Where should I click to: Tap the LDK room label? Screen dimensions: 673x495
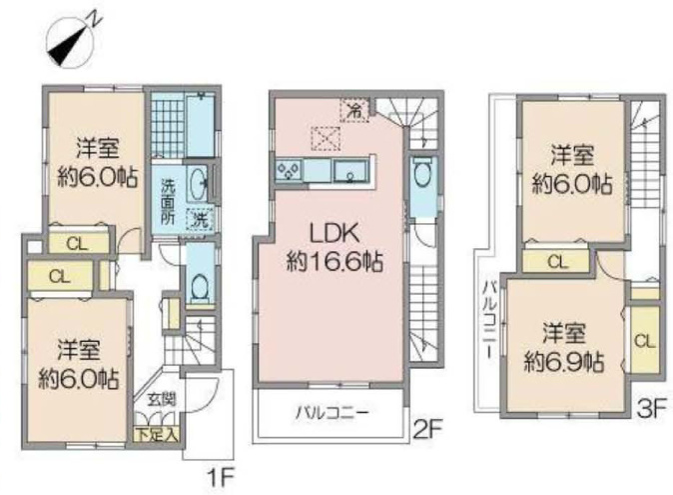(335, 235)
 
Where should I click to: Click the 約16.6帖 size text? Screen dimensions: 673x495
(335, 261)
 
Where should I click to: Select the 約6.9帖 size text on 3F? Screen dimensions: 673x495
(564, 363)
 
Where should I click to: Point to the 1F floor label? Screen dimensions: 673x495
(221, 478)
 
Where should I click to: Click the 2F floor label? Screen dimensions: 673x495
(427, 428)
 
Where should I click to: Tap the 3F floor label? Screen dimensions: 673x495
(652, 409)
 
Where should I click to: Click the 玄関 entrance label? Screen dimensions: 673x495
(162, 400)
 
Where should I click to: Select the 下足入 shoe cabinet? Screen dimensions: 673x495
(156, 434)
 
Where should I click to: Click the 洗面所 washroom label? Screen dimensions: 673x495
(168, 201)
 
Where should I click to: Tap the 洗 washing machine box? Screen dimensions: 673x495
(199, 220)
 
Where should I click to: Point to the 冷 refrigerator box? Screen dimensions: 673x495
(354, 110)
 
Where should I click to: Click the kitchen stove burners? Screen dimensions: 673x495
(290, 171)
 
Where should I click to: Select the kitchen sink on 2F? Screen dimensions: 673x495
(350, 171)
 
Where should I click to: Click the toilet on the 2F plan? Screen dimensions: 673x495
(422, 175)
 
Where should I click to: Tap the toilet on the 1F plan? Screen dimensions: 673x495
(199, 287)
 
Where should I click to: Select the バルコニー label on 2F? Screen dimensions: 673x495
(332, 413)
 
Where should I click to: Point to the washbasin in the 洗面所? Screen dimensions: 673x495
(198, 184)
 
